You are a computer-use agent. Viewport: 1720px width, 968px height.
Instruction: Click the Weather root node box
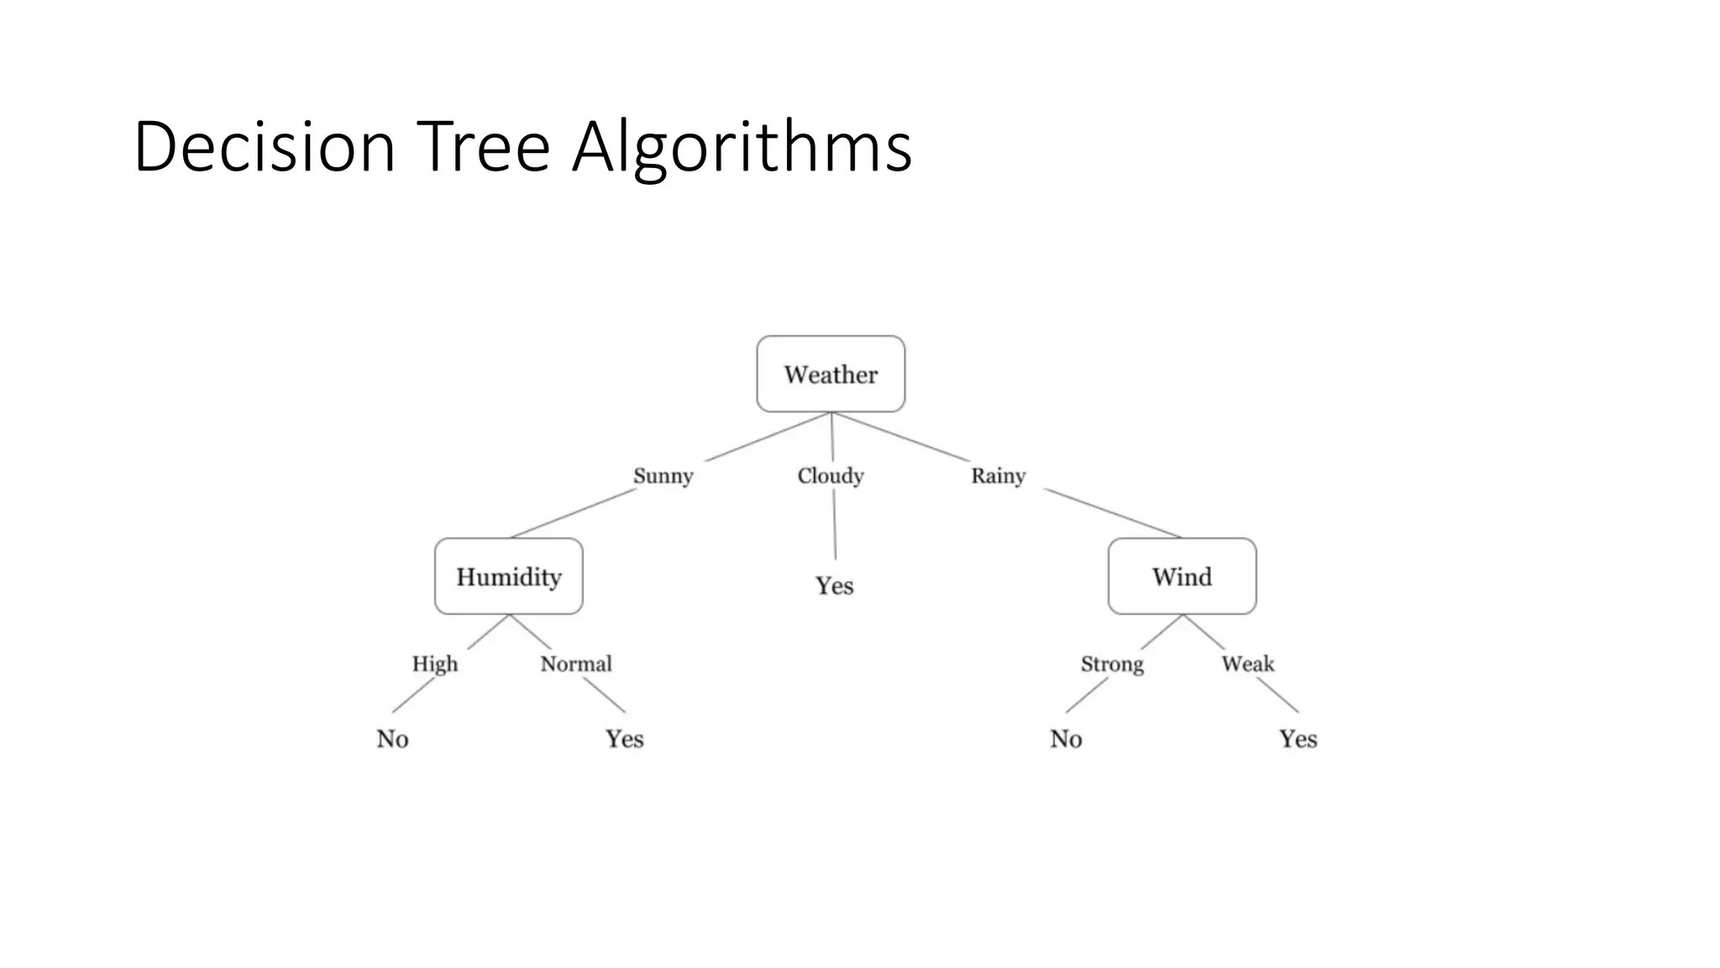831,374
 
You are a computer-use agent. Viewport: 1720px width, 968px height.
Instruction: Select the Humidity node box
508,576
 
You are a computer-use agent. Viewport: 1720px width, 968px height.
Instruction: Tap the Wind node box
1182,576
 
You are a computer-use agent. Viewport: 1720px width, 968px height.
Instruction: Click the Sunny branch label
663,476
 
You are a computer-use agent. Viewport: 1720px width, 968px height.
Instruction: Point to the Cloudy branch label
831,476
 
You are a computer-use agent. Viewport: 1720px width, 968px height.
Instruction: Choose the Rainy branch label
999,476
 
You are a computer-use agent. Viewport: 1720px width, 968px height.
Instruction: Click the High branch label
435,664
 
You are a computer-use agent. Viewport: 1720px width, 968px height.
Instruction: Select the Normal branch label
576,664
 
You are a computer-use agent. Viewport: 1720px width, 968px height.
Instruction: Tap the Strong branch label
1112,664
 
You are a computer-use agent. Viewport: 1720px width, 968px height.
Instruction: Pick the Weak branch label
1248,664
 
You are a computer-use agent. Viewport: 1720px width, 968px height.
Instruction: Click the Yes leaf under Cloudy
834,586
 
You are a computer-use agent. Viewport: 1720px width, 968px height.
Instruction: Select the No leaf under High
392,739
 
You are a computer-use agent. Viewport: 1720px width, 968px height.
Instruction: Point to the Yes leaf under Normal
625,739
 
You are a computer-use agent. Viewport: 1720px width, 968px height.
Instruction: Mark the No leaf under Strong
1066,739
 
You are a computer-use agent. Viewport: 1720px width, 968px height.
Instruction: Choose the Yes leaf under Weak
1298,739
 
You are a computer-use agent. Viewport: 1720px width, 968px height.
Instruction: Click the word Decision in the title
264,147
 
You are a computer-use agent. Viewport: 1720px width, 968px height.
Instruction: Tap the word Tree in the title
483,147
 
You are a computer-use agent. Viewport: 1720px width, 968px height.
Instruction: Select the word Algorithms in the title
742,147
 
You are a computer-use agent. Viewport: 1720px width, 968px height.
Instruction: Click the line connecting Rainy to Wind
1113,513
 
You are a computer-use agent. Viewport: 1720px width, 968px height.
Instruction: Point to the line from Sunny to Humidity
574,513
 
